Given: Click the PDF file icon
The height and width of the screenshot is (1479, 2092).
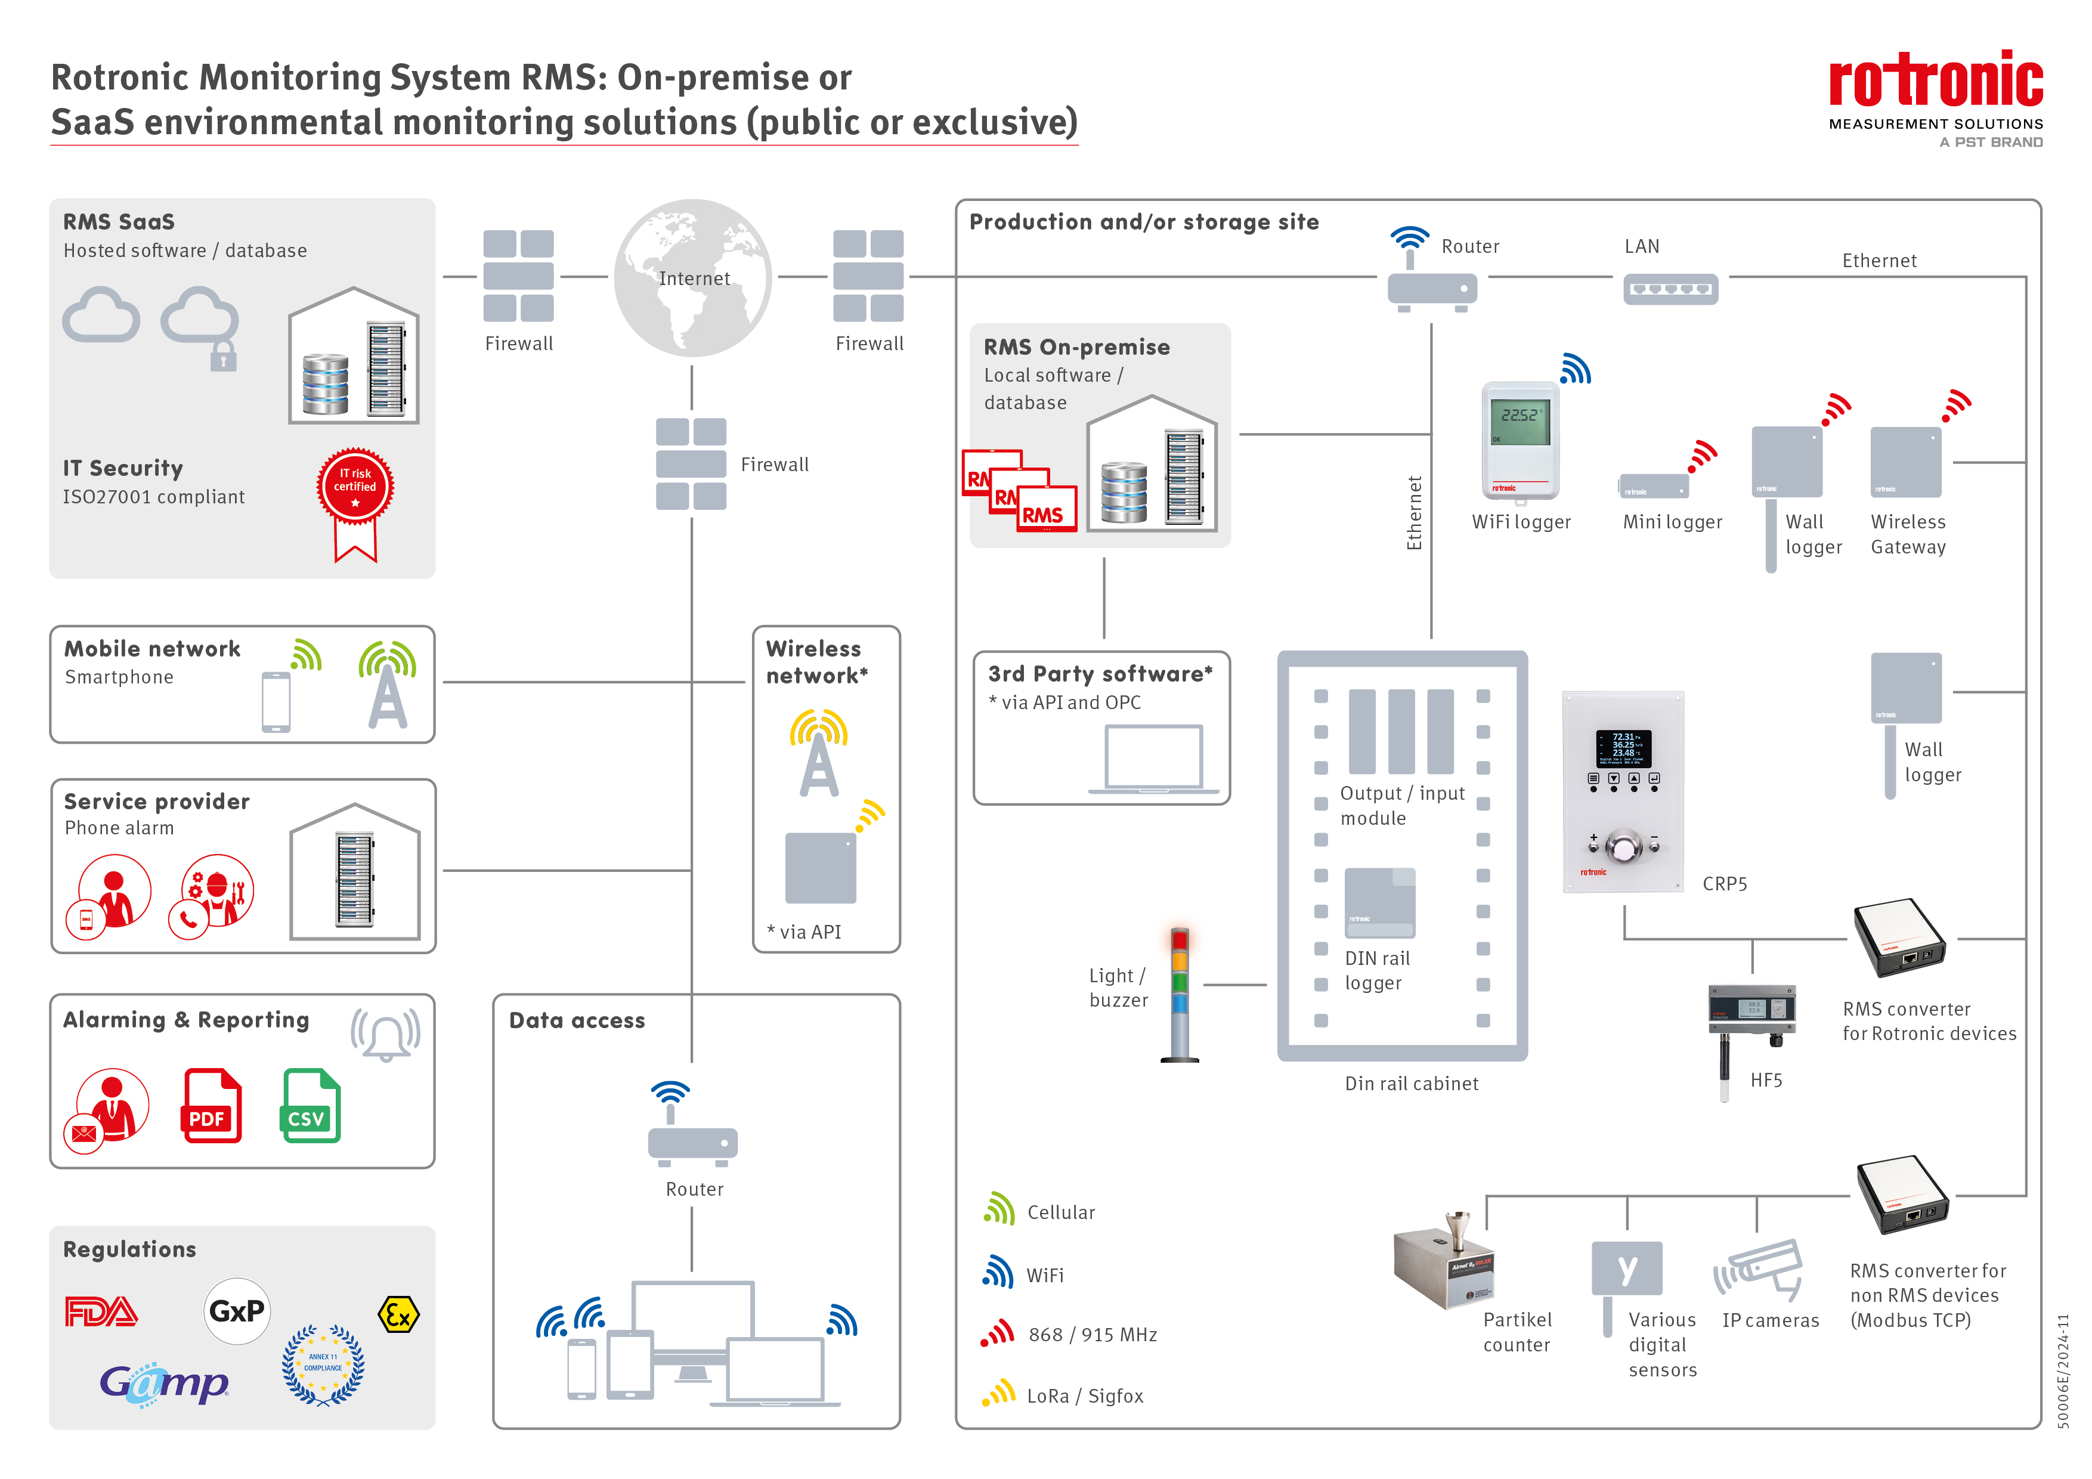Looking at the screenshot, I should coord(211,1106).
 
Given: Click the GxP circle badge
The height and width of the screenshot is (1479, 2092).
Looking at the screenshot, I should coord(237,1310).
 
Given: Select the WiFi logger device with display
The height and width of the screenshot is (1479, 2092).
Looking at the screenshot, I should coord(1520,440).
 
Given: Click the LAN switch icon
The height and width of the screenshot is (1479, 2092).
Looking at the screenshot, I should coord(1670,289).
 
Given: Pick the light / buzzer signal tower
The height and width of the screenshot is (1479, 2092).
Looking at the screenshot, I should coord(1180,994).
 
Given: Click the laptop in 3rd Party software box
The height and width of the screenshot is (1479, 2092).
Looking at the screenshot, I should coord(1153,759).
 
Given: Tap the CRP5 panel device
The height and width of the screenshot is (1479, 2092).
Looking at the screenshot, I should coord(1623,791).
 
